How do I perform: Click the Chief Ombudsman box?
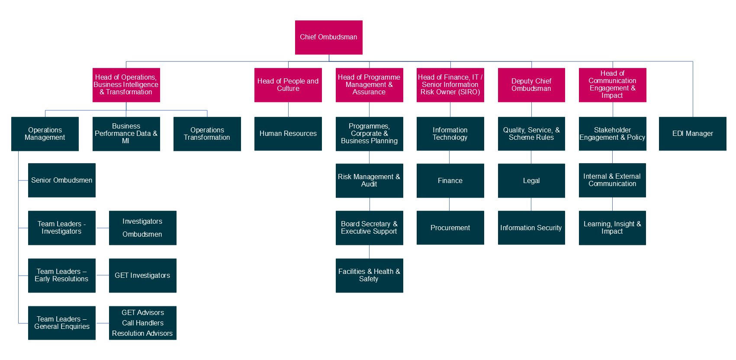click(328, 37)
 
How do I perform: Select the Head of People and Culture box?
click(288, 85)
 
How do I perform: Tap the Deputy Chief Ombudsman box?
click(531, 85)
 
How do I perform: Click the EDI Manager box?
click(692, 134)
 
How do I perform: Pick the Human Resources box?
click(288, 134)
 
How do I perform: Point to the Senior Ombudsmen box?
click(61, 180)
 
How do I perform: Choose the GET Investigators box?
click(142, 275)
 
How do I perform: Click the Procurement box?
click(450, 228)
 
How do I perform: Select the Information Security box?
click(531, 228)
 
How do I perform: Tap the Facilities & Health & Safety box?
click(369, 275)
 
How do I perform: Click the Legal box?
click(531, 180)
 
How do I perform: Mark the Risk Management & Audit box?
click(369, 180)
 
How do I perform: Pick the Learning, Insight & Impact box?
click(612, 228)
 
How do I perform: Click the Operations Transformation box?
click(207, 134)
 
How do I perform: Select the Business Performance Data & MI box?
click(126, 134)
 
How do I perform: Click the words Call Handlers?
click(142, 323)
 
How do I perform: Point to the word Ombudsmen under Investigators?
click(142, 234)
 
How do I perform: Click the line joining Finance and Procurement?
click(449, 204)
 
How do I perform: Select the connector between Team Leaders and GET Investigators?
click(102, 275)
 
